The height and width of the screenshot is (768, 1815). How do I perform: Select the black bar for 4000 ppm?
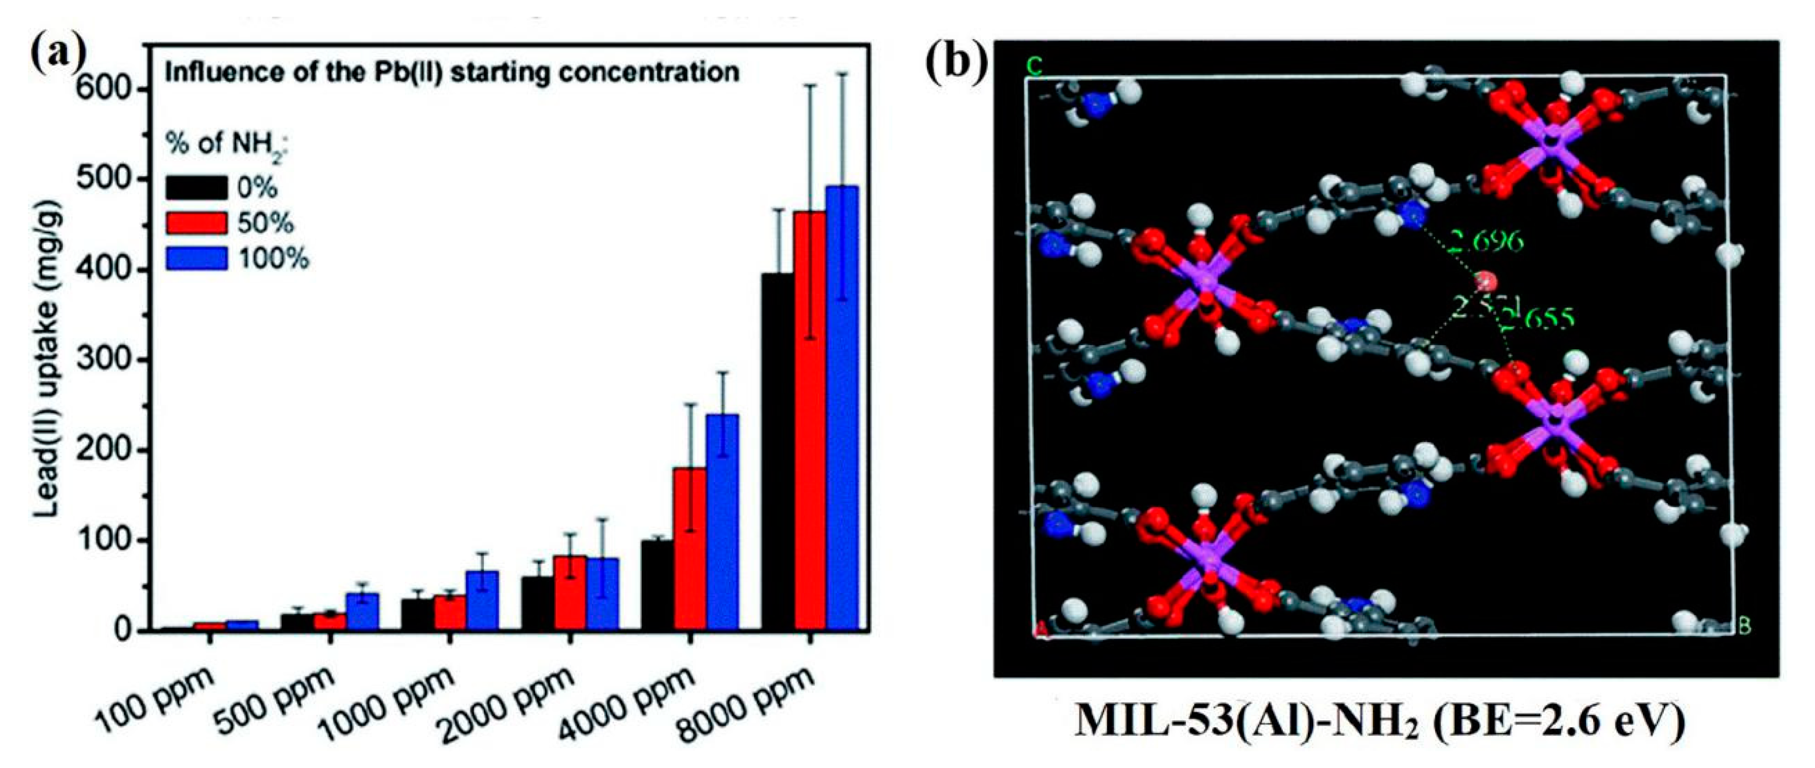click(x=656, y=585)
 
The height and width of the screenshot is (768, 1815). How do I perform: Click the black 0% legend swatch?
click(x=196, y=187)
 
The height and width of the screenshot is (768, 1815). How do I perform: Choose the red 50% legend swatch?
click(x=196, y=223)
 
